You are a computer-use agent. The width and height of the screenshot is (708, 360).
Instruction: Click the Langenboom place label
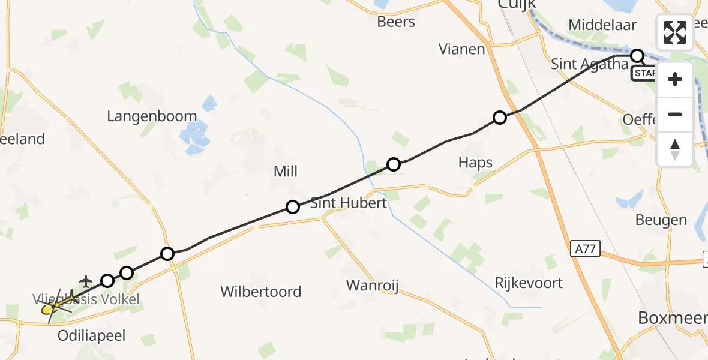(152, 116)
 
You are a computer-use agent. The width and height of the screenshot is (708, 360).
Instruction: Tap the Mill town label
(286, 172)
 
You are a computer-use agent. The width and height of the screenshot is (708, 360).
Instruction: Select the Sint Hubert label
(349, 203)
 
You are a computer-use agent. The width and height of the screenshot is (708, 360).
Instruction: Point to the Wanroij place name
(373, 284)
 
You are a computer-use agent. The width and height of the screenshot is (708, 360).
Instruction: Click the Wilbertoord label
(260, 292)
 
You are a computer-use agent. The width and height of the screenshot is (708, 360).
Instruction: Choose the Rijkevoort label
(529, 283)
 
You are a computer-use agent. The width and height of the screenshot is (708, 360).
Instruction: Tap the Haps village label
(475, 163)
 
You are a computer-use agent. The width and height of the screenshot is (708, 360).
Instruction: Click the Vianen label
(461, 49)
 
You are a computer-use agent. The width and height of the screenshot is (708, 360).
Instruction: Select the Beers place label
(396, 22)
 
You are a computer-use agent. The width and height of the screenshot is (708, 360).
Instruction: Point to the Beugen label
(661, 220)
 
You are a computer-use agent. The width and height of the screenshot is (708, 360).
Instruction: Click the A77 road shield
(585, 248)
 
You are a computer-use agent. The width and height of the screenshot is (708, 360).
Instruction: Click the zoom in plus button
(675, 79)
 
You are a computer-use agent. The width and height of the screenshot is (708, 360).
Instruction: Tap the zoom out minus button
(675, 114)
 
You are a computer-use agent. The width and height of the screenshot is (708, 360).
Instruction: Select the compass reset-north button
(675, 149)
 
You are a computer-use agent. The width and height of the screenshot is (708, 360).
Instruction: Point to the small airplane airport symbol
(86, 281)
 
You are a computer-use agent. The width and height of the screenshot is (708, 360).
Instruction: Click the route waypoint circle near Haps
(500, 118)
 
